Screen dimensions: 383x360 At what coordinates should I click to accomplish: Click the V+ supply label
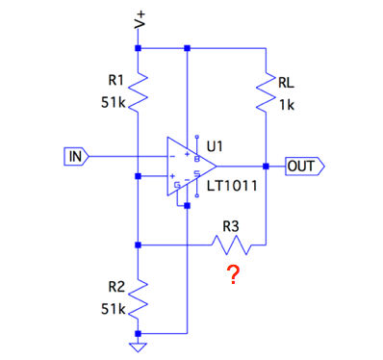(x=140, y=20)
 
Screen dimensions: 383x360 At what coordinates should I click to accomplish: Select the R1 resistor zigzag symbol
(x=138, y=91)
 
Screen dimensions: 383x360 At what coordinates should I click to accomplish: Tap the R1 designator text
(x=115, y=80)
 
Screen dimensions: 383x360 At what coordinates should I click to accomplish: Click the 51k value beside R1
(x=113, y=103)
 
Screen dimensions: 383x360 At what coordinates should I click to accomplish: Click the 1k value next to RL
(x=287, y=105)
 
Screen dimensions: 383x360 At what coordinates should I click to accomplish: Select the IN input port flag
(x=76, y=157)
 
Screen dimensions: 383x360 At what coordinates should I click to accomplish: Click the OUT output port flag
(x=305, y=167)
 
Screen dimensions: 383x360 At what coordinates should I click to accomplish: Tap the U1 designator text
(x=215, y=146)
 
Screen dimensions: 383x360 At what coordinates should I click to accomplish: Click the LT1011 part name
(x=232, y=186)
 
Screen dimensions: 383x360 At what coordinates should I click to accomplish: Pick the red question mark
(x=233, y=274)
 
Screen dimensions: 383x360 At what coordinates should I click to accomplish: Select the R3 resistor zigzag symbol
(x=232, y=245)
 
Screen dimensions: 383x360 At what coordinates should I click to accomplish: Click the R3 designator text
(x=231, y=227)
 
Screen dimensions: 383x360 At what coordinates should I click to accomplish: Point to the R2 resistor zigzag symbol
(x=138, y=299)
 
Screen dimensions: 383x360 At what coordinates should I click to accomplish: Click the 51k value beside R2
(x=113, y=309)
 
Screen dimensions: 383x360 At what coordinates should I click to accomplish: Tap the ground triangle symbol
(x=138, y=347)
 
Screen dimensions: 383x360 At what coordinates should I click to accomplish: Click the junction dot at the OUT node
(x=266, y=167)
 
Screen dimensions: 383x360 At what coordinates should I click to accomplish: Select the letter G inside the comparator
(x=177, y=186)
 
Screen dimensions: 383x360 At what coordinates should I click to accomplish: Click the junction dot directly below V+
(x=138, y=48)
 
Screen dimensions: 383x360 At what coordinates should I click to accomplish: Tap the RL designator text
(x=286, y=83)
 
